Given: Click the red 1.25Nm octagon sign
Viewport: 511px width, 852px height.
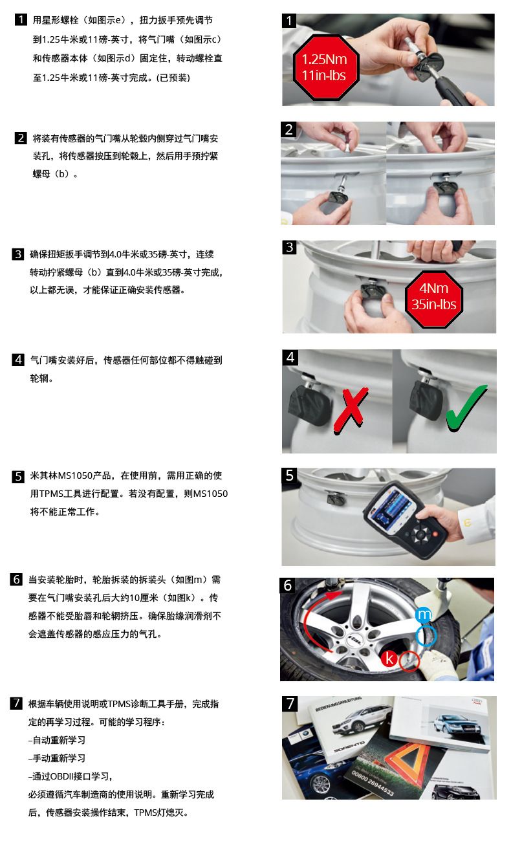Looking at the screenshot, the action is click(x=325, y=68).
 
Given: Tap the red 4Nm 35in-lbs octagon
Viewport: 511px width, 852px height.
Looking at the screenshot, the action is click(x=434, y=299).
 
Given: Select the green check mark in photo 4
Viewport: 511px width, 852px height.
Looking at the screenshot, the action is click(x=466, y=408).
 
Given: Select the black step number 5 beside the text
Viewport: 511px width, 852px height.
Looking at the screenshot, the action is click(x=18, y=477).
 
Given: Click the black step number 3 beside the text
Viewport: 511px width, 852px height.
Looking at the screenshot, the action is click(x=18, y=254).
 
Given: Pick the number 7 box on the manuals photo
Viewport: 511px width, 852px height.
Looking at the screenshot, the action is click(x=290, y=704).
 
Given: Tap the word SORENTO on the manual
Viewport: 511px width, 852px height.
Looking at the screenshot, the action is click(x=350, y=747).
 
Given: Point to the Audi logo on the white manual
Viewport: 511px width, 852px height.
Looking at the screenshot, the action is click(x=477, y=701).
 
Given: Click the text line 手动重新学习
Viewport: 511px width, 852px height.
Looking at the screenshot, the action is click(x=57, y=758).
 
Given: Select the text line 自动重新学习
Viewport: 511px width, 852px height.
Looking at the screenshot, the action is click(x=57, y=740).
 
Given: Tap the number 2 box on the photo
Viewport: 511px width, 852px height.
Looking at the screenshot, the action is click(x=288, y=129).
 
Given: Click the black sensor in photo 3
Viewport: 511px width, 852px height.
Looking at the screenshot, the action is click(x=372, y=292).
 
